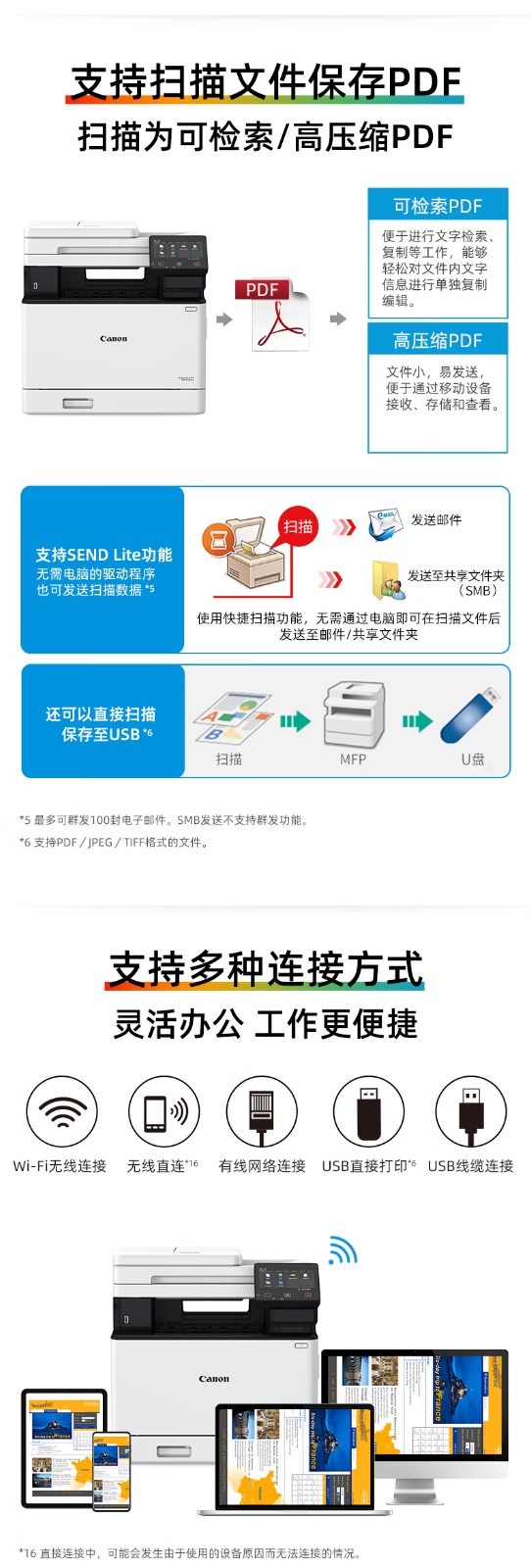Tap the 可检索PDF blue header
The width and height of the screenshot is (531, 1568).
(437, 206)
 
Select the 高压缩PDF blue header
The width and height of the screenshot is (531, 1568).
(437, 340)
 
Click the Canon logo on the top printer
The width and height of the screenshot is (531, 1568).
(114, 339)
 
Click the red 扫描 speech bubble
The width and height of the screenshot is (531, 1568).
(298, 526)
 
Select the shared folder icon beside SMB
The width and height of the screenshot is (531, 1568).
(388, 580)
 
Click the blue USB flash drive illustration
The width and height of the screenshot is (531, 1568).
(470, 715)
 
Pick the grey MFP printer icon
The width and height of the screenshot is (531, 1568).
(354, 716)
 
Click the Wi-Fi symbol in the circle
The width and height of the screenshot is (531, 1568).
(62, 1111)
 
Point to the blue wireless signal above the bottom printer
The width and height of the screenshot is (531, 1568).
(342, 1250)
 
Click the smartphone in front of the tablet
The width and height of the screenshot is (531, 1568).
(112, 1471)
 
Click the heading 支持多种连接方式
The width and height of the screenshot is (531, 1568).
(265, 969)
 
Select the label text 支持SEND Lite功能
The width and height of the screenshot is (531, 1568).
(104, 555)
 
